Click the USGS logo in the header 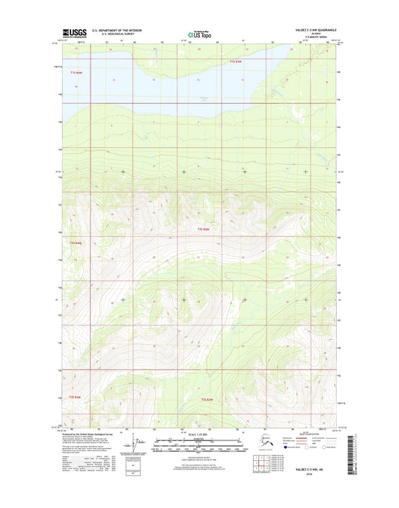tap(76, 32)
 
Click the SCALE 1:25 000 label tap(199, 433)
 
